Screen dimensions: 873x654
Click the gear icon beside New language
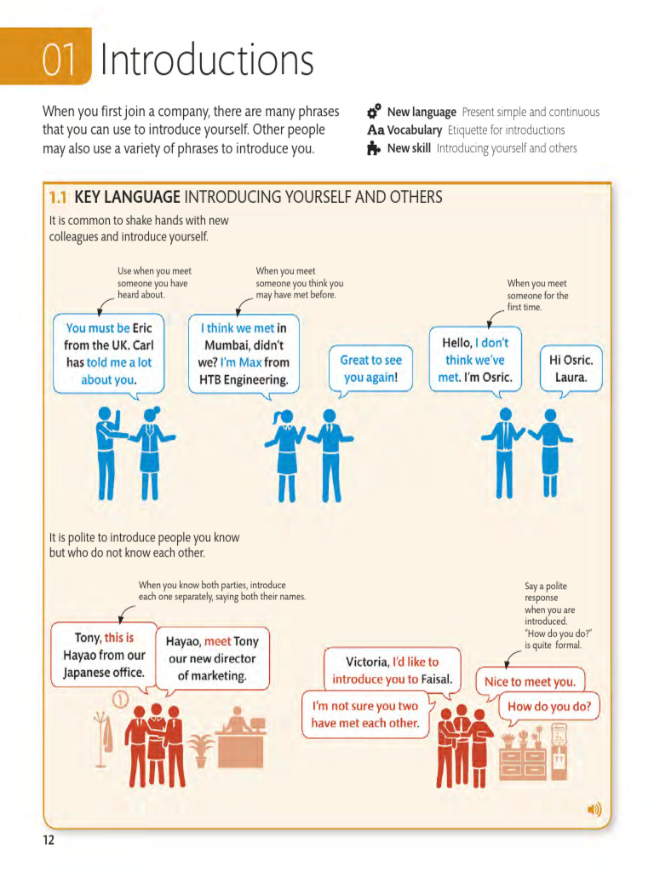374,112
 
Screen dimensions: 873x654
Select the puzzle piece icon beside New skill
374,148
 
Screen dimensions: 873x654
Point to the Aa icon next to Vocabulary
376,130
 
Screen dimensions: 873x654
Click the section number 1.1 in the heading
58,198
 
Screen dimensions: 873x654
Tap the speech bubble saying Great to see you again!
370,368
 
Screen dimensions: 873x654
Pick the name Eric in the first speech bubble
142,327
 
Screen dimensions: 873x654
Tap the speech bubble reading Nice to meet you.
530,681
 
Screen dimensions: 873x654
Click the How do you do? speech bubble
548,706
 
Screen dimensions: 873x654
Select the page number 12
49,841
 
